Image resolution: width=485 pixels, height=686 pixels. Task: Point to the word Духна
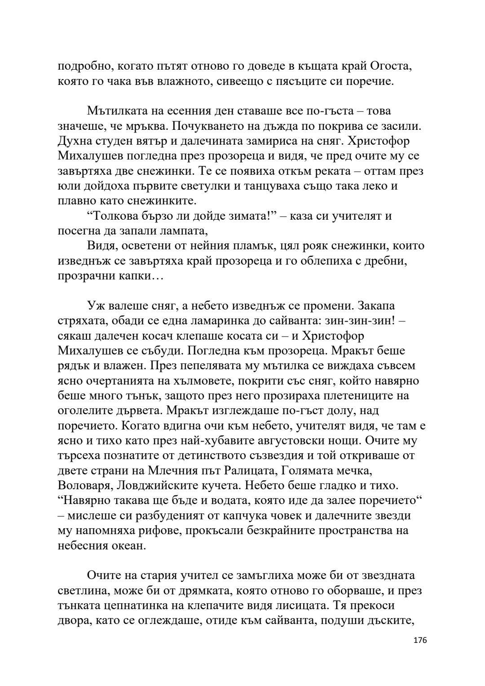click(74, 141)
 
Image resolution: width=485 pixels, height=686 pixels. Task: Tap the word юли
click(66, 186)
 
